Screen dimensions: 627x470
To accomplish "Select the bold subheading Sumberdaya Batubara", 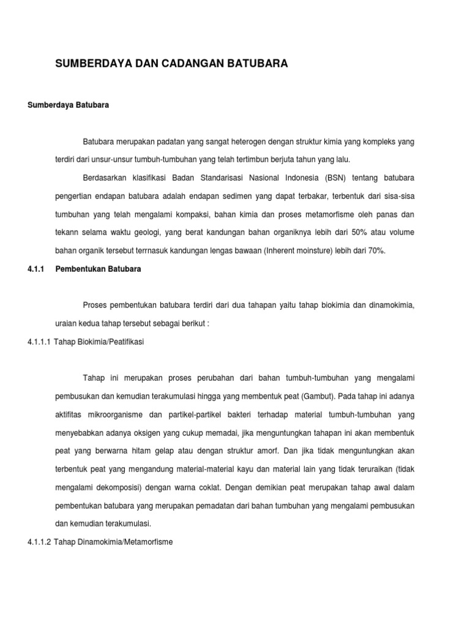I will tap(68, 105).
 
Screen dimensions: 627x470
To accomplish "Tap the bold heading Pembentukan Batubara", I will tap(98, 269).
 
